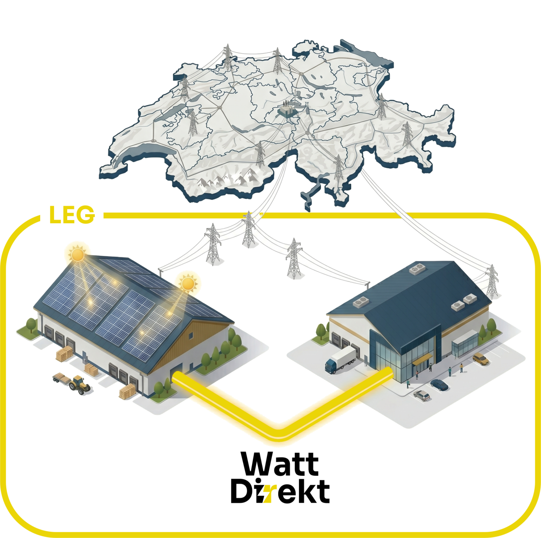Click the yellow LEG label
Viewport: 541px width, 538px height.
tap(72, 215)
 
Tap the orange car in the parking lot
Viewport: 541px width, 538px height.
tap(481, 359)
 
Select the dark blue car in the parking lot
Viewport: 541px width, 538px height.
tap(440, 385)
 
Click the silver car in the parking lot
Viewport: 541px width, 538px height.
tap(422, 395)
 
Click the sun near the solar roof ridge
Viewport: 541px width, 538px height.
tap(187, 283)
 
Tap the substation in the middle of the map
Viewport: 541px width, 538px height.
tap(287, 111)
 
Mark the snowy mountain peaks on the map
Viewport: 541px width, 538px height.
tap(225, 180)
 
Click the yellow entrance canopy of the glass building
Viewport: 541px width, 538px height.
tap(422, 358)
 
